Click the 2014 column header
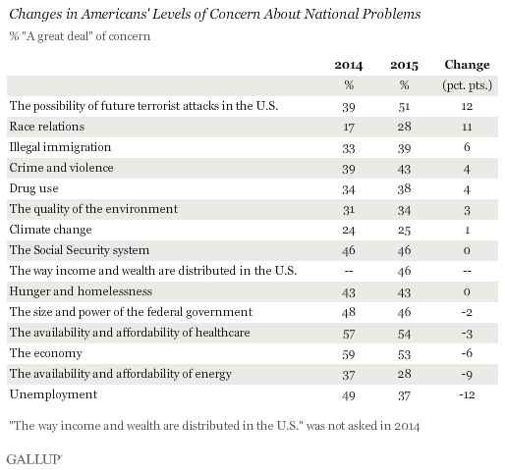(349, 65)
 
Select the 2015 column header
(404, 65)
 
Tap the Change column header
(467, 65)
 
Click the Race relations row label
(47, 127)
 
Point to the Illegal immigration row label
(60, 147)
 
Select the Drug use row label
(34, 188)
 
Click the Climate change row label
(50, 230)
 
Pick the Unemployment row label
(53, 394)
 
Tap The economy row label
(46, 353)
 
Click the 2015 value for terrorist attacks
(404, 107)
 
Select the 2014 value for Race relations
(349, 127)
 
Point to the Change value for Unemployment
(467, 394)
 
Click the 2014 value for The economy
(349, 354)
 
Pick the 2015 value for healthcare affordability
(404, 334)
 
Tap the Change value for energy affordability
(467, 375)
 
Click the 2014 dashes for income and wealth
(349, 271)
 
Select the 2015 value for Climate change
(404, 231)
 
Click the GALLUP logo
(34, 459)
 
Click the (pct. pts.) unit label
(467, 85)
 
